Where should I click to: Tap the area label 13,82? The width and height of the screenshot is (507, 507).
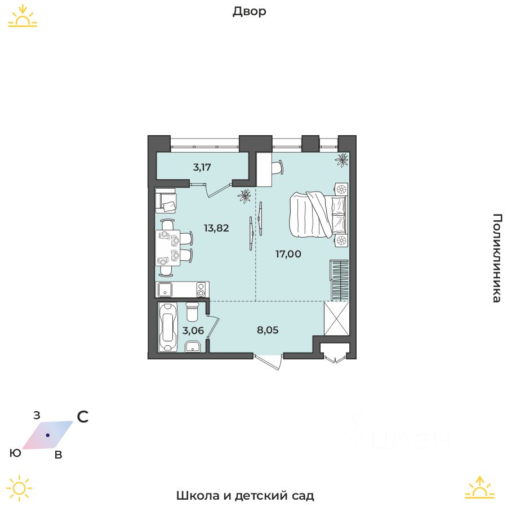click(216, 228)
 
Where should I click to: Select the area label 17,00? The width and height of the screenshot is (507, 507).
click(288, 254)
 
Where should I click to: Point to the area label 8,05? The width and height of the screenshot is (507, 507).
click(268, 330)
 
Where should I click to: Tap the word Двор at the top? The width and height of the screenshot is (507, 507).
click(249, 12)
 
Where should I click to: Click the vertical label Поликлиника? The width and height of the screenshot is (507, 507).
click(496, 258)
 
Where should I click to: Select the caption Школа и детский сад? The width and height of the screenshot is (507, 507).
click(245, 496)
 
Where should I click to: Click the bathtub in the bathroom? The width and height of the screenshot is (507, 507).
click(167, 327)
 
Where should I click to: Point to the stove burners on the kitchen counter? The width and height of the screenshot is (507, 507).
click(201, 290)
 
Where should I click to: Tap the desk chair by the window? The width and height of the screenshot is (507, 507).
click(277, 167)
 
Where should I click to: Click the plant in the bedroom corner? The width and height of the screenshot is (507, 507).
click(342, 160)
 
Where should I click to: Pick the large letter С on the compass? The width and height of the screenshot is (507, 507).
click(83, 417)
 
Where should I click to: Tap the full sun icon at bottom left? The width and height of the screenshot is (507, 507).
click(19, 488)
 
